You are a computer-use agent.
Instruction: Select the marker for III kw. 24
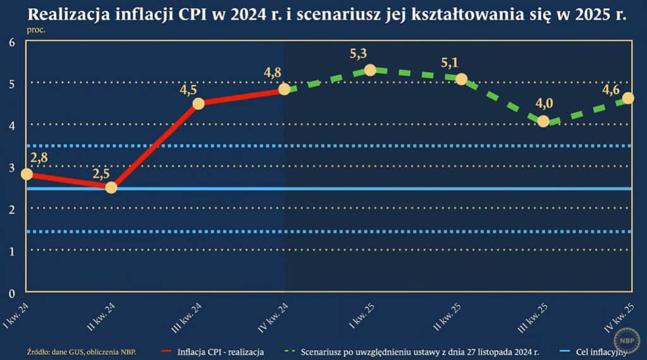198,104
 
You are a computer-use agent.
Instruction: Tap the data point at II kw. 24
111,188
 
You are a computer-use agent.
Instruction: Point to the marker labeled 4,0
543,121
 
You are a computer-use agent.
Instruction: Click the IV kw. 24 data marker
284,89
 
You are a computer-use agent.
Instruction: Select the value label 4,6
611,89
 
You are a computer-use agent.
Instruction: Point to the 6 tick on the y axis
11,42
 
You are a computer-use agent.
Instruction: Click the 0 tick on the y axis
11,292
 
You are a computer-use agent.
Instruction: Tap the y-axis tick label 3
11,167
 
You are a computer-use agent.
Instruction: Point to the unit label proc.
35,29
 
